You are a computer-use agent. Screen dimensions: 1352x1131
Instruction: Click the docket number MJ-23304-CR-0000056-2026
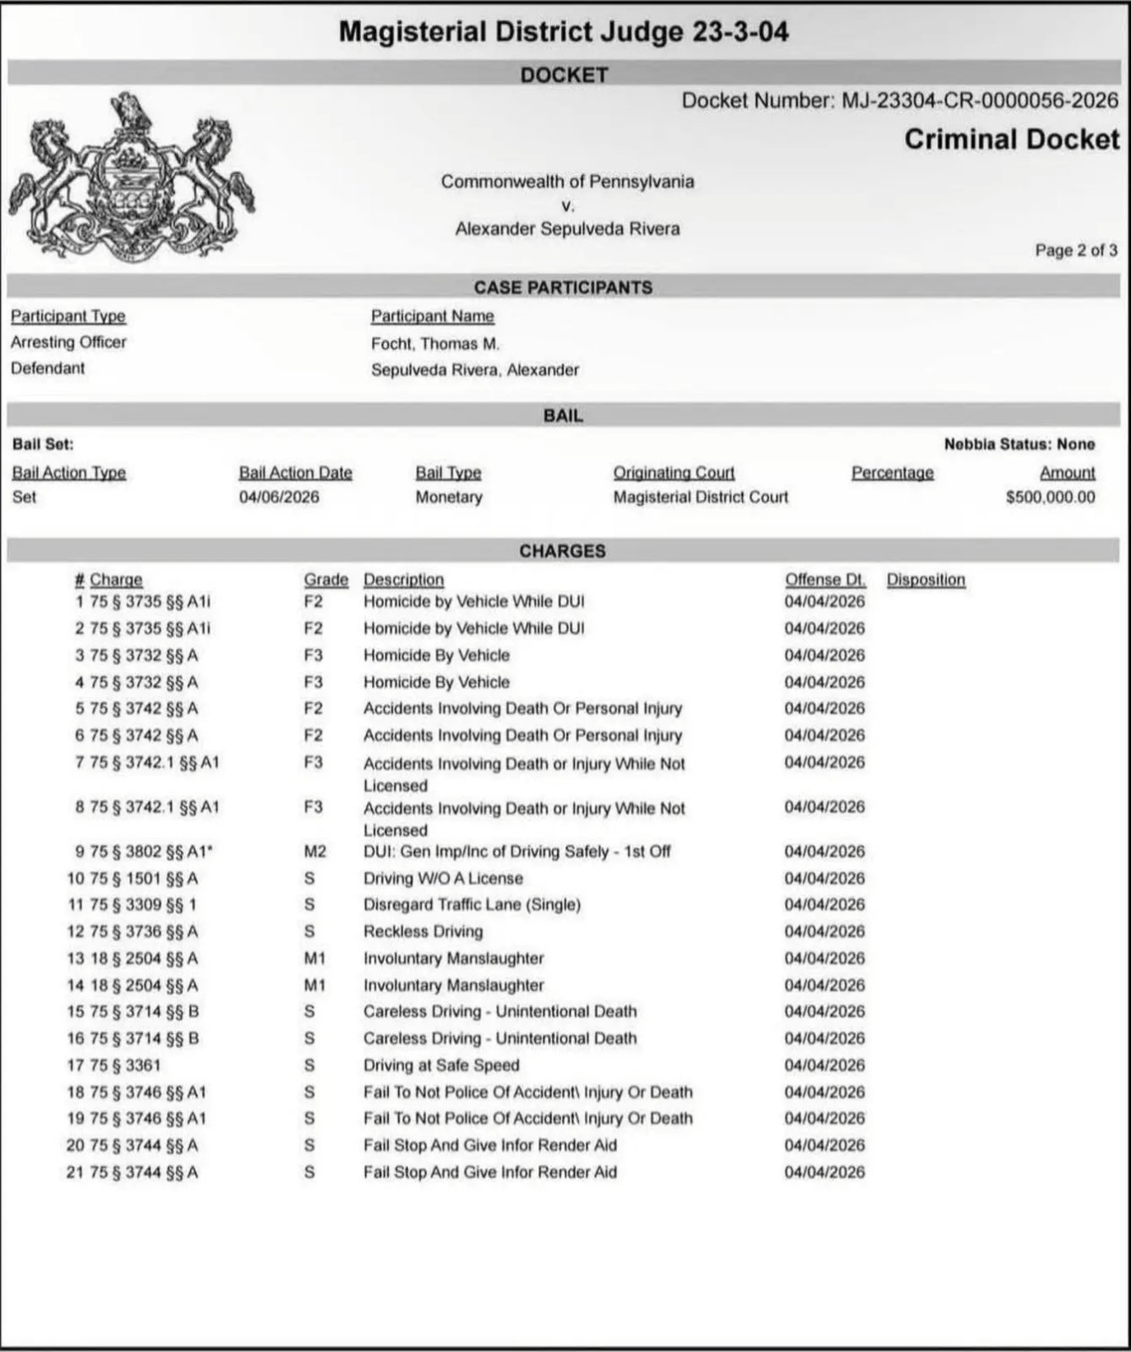(980, 101)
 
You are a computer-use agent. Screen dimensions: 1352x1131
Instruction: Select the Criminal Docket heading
(1011, 139)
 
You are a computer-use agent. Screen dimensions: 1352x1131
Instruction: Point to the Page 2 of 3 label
(1075, 250)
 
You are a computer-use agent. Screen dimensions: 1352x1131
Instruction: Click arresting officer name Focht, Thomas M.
(435, 343)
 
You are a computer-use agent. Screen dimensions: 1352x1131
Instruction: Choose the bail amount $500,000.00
(1050, 498)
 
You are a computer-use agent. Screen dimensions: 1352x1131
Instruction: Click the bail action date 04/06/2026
(279, 498)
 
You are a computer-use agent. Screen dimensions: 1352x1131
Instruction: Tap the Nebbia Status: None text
(1019, 444)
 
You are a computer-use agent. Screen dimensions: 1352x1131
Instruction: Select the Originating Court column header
(674, 473)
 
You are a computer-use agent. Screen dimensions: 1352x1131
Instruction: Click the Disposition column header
(926, 580)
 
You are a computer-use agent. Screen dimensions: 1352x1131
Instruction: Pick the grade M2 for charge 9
(314, 852)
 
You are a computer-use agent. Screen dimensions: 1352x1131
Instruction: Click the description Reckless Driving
(423, 931)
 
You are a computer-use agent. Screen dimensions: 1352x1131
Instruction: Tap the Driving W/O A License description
(443, 878)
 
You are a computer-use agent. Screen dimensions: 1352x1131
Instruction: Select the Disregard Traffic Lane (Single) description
(472, 905)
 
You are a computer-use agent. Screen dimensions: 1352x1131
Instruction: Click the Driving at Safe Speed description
(441, 1066)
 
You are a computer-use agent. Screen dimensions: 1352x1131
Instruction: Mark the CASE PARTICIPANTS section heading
(563, 287)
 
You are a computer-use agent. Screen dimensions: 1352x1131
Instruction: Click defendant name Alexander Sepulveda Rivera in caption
(567, 229)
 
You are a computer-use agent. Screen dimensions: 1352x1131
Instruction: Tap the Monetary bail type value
(448, 498)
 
